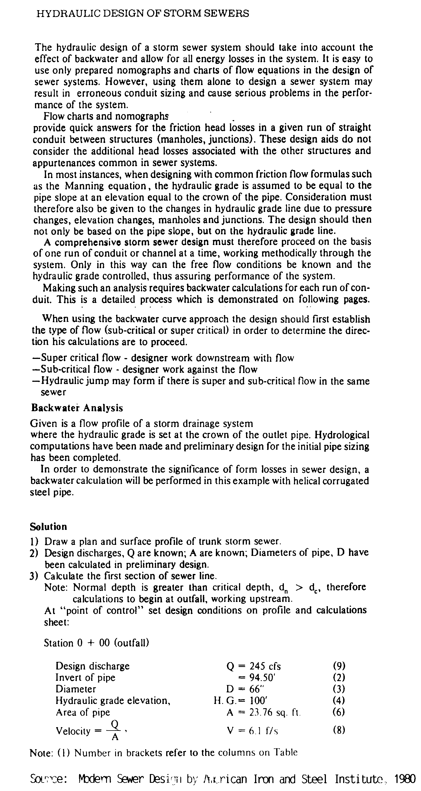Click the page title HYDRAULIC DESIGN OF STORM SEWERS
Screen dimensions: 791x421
(x=142, y=14)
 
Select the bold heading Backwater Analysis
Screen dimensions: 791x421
(x=77, y=408)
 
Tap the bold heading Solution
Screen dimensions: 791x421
(x=49, y=526)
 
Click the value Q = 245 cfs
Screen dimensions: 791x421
(x=253, y=666)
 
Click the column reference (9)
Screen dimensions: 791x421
(x=339, y=666)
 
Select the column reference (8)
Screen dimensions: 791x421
(x=339, y=730)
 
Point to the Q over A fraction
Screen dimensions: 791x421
(x=115, y=731)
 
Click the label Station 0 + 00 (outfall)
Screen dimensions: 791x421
(x=97, y=643)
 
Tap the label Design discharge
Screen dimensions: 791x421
(x=93, y=666)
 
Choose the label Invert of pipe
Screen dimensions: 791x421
(x=85, y=677)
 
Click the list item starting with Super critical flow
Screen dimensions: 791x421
(x=163, y=358)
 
